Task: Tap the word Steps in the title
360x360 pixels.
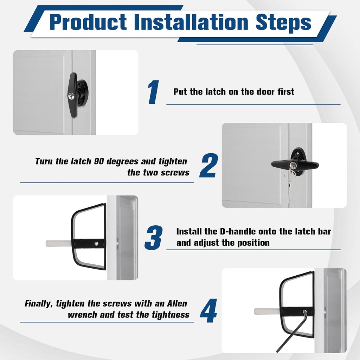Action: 284,23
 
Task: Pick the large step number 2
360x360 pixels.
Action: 209,165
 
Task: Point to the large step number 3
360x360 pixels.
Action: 154,237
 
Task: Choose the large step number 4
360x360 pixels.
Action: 208,311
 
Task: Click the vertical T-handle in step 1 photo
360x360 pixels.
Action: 73,95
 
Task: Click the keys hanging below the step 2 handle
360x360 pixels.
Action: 289,184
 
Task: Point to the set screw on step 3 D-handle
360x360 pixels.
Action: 96,244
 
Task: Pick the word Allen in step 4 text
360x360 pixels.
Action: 177,303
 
